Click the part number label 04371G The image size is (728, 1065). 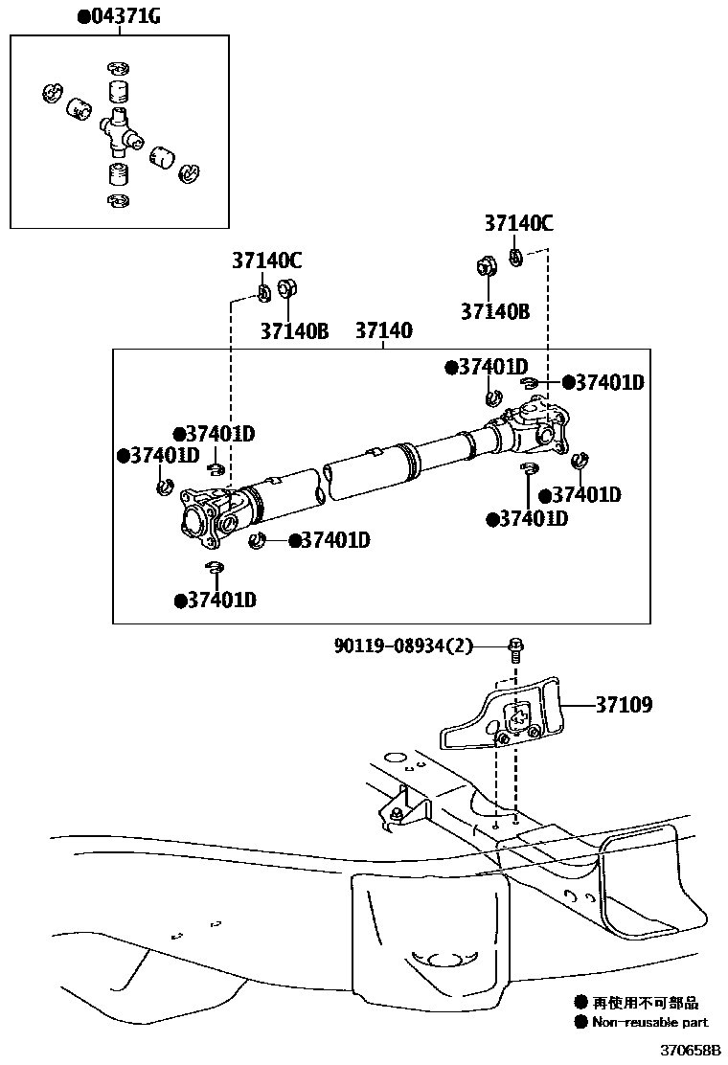coord(124,17)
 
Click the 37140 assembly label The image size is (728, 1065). coord(383,331)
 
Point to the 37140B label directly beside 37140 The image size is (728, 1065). coord(294,331)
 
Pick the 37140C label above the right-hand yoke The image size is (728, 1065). coord(518,224)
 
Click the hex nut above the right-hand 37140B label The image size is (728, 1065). coord(486,267)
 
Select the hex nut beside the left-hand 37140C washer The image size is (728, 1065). coord(285,287)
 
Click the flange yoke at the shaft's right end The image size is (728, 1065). coord(537,425)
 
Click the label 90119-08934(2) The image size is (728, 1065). coord(403,646)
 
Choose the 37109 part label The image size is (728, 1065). coord(624,706)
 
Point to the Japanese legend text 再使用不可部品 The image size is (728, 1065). coord(645,1004)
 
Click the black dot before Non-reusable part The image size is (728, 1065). coord(580,1023)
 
